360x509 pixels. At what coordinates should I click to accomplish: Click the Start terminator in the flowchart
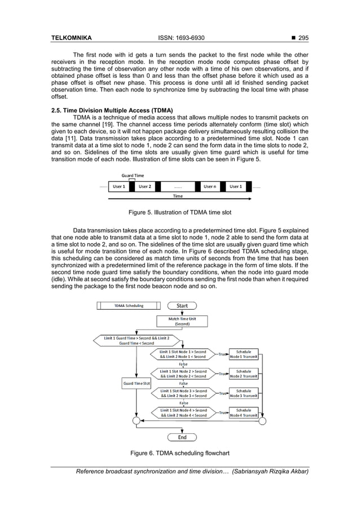pyautogui.click(x=182, y=306)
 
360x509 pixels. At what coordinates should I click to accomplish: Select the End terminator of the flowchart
pyautogui.click(x=182, y=437)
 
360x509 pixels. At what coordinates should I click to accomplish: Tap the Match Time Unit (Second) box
pyautogui.click(x=182, y=322)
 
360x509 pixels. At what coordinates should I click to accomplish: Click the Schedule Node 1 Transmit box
pyautogui.click(x=244, y=354)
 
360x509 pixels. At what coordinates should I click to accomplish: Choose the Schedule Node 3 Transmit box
pyautogui.click(x=244, y=393)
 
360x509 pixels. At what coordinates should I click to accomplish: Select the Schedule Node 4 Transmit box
pyautogui.click(x=244, y=413)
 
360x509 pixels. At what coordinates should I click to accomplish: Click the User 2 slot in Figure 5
pyautogui.click(x=145, y=186)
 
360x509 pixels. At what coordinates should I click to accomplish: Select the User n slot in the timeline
pyautogui.click(x=209, y=186)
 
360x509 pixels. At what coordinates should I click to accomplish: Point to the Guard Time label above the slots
pyautogui.click(x=133, y=175)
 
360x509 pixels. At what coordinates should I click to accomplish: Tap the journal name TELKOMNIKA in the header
pyautogui.click(x=72, y=38)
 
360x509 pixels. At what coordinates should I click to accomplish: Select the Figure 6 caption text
pyautogui.click(x=180, y=453)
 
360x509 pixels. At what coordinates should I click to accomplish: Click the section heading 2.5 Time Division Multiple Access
pyautogui.click(x=112, y=109)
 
